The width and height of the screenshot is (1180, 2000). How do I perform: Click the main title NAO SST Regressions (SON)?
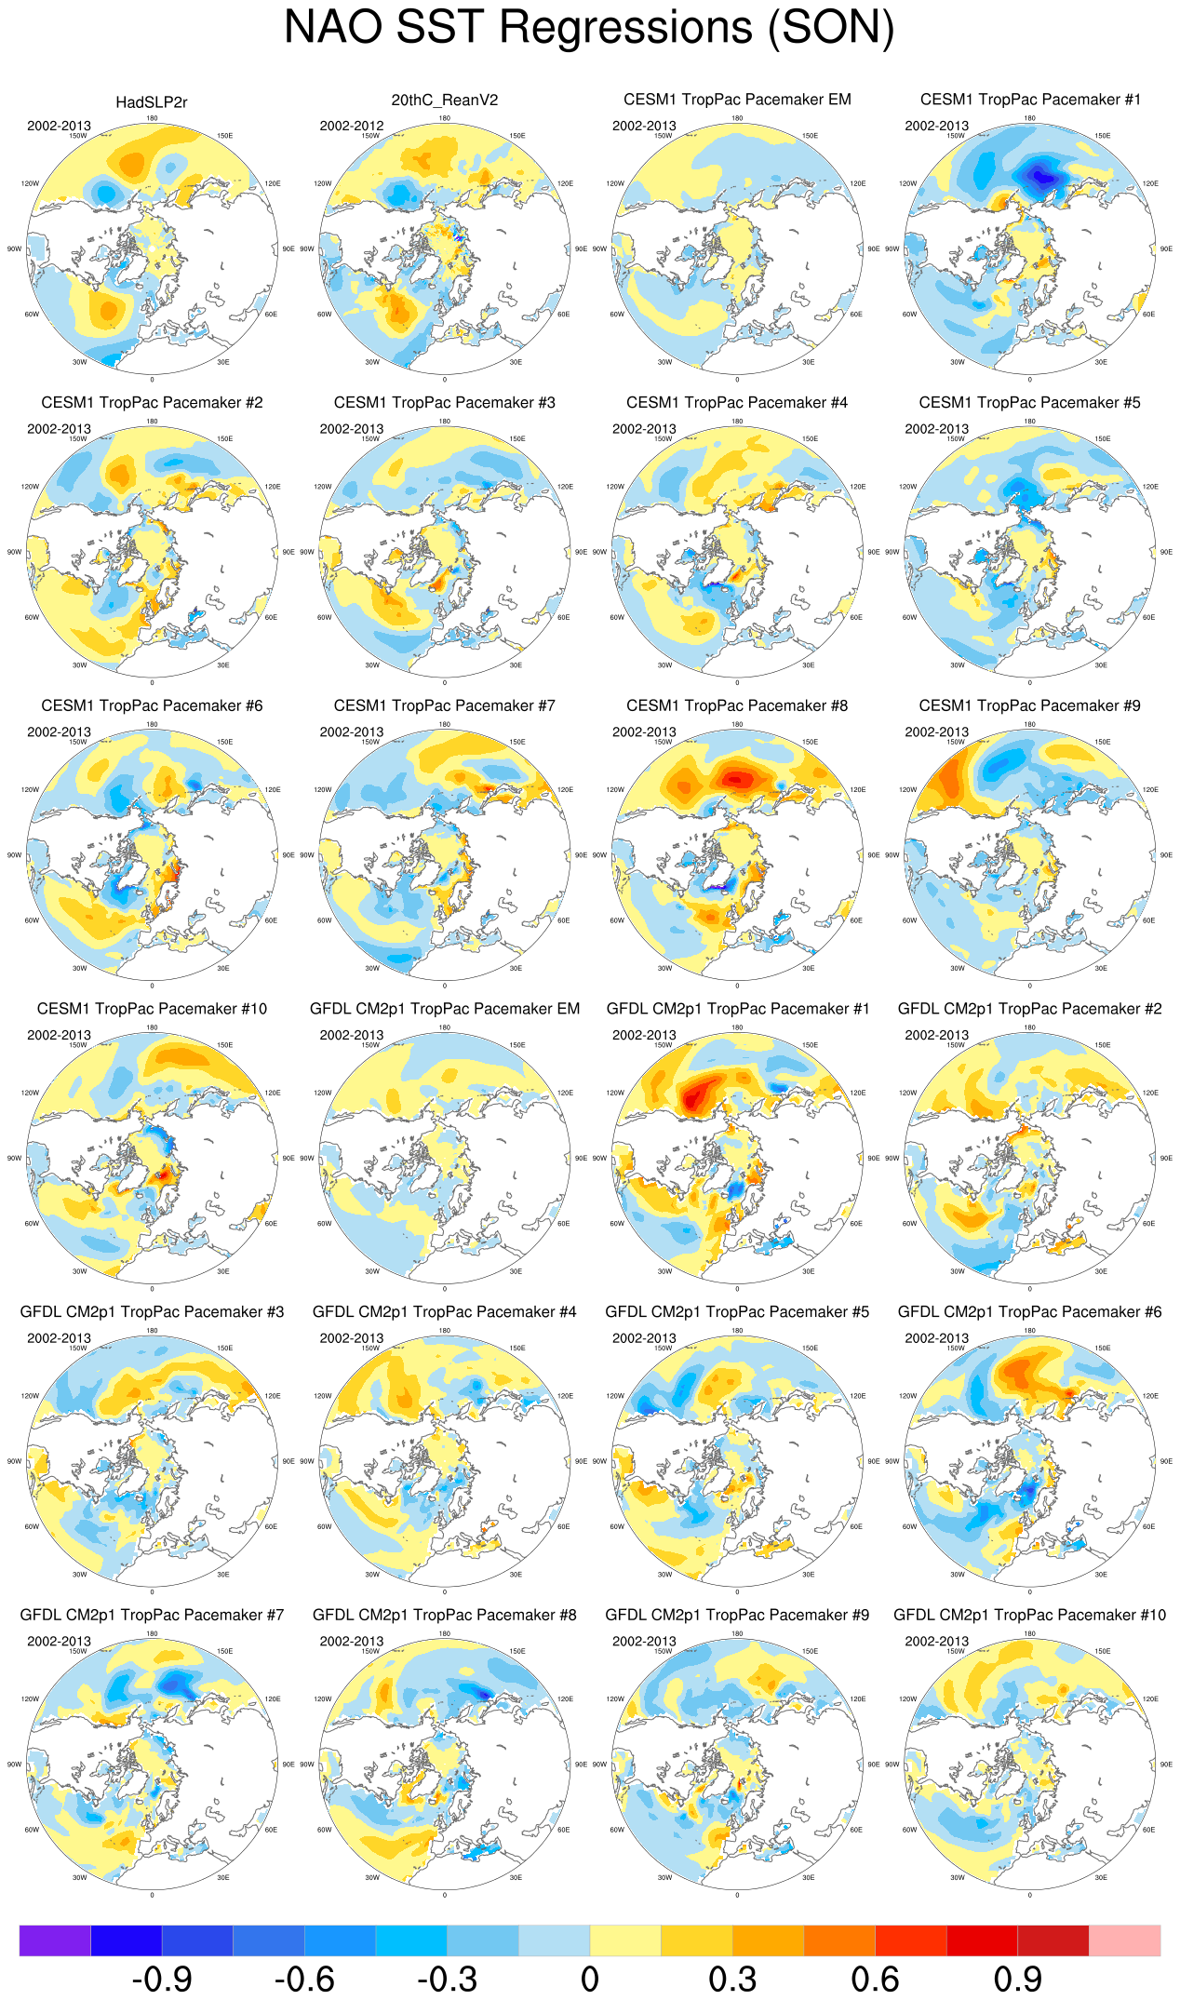point(589,27)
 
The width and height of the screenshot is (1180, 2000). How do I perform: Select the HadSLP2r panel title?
point(152,102)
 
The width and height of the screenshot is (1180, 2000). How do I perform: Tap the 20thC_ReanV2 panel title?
point(444,101)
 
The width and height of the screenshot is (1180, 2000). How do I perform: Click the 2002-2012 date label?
point(352,126)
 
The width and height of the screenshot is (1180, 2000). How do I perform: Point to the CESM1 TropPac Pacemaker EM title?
point(737,100)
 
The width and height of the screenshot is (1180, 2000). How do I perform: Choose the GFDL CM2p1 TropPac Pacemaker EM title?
point(444,1009)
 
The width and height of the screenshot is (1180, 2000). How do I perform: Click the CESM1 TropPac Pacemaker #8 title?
point(737,705)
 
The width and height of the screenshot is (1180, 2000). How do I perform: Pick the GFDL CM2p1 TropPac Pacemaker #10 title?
point(1029,1615)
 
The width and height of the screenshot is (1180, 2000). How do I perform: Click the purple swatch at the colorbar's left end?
point(55,1940)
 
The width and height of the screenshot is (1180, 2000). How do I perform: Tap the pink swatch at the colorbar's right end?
point(1124,1940)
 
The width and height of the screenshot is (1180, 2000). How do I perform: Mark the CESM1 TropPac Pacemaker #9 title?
point(1029,705)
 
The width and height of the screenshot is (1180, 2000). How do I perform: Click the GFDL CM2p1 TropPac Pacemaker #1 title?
point(737,1009)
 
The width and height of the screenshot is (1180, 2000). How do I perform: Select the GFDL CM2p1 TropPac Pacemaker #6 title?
point(1029,1311)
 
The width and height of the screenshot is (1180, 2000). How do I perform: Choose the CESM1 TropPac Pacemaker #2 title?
point(152,403)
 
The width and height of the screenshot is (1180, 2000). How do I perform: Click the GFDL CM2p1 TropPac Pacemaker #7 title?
point(152,1615)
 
